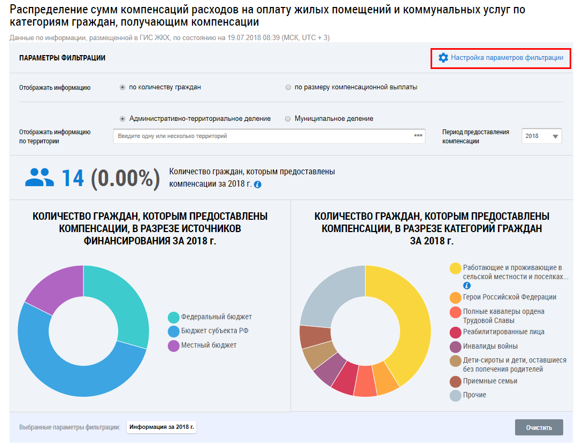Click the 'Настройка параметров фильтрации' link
507,58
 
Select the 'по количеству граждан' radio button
123,87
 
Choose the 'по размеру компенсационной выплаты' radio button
289,87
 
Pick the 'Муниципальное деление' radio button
289,119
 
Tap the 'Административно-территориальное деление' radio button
123,119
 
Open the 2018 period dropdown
542,136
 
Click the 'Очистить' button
539,428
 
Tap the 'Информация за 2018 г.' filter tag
162,427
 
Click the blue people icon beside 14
40,178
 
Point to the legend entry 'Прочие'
474,395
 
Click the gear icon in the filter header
443,58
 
